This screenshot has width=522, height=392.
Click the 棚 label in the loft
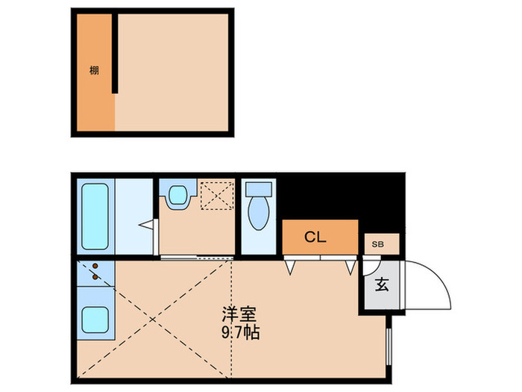(94, 71)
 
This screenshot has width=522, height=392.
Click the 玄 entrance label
(381, 284)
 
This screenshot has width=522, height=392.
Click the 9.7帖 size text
(239, 335)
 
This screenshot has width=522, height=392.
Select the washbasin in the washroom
(178, 196)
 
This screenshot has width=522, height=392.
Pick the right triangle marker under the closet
(350, 265)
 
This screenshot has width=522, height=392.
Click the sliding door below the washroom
(195, 257)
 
